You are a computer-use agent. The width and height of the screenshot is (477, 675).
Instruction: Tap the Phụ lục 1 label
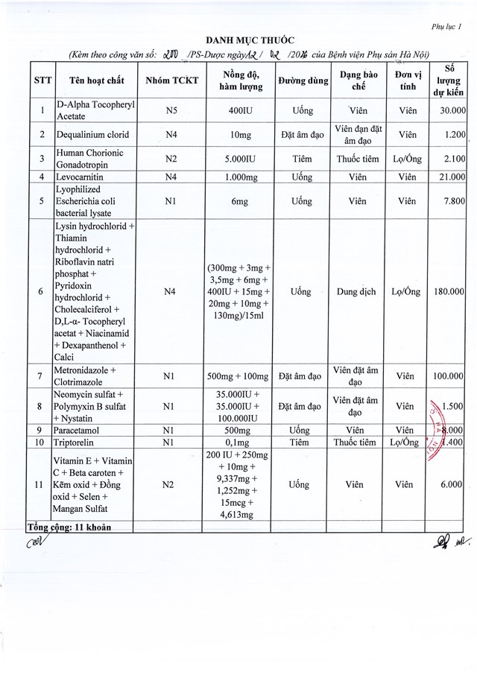point(447,26)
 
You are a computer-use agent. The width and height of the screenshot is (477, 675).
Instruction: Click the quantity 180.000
point(449,291)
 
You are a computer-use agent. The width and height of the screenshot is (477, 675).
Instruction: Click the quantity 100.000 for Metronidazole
point(449,376)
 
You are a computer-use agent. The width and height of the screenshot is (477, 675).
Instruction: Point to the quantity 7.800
point(452,200)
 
